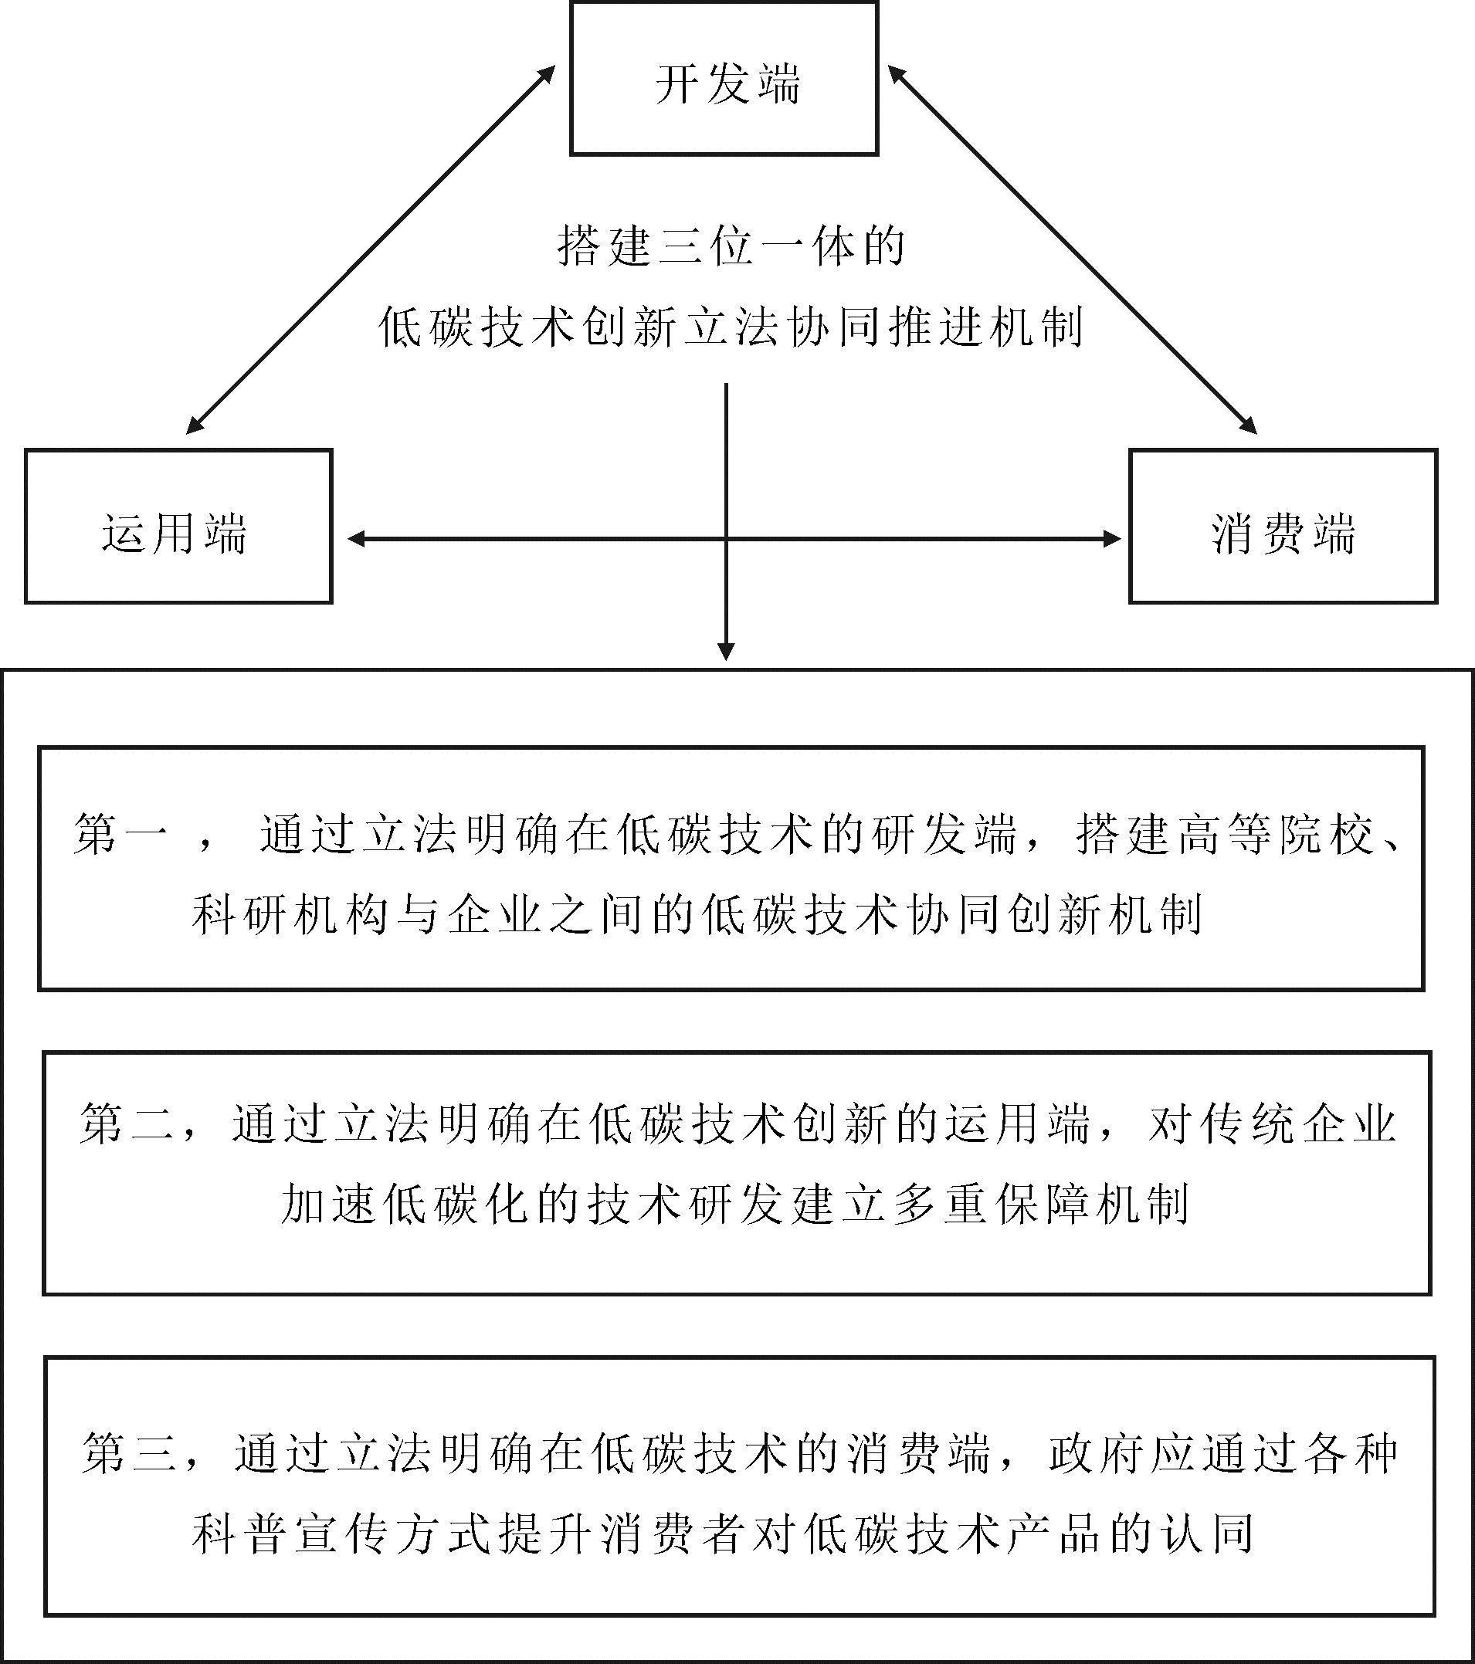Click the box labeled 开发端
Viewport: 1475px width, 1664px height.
pos(724,78)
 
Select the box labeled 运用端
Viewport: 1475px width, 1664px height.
pos(178,526)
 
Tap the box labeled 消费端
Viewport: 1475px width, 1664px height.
pos(1283,526)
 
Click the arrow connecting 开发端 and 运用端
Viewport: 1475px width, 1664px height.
pos(371,249)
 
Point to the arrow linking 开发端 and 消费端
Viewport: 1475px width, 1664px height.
pos(1072,249)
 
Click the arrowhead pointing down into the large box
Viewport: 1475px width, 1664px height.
pos(726,652)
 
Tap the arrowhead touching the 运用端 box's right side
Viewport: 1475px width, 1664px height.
pos(357,538)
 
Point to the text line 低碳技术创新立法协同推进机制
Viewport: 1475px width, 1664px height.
pos(731,328)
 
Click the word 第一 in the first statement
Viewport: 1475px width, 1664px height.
pos(121,835)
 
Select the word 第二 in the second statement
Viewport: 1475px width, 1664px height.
pos(127,1124)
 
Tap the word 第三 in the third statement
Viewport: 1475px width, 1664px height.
pos(130,1454)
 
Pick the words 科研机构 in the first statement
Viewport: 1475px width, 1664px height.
pos(289,915)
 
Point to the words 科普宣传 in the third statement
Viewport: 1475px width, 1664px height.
pos(290,1534)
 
